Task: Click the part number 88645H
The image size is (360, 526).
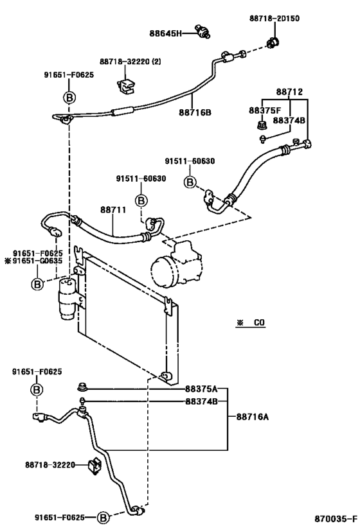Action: tap(166, 33)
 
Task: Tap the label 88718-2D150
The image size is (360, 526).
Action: tap(274, 18)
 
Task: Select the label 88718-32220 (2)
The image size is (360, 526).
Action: tap(130, 62)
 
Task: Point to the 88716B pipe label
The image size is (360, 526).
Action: tap(195, 112)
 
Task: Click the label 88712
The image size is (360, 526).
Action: tap(289, 92)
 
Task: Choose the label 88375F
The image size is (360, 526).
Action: tap(265, 110)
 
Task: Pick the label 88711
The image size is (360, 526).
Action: tap(113, 209)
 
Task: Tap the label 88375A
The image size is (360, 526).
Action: tap(201, 389)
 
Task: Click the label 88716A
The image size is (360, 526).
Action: tap(253, 417)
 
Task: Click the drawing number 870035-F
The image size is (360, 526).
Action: tap(336, 518)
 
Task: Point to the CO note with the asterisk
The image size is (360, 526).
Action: tap(251, 322)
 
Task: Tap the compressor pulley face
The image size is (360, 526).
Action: tap(161, 272)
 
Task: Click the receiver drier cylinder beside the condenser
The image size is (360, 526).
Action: tap(67, 298)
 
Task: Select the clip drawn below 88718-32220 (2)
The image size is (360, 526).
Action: tap(126, 87)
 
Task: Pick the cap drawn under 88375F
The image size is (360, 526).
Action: tap(261, 125)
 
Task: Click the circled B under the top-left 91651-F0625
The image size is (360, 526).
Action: tap(69, 98)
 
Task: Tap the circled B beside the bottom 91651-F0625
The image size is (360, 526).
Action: tap(104, 518)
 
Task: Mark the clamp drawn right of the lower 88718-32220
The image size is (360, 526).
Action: tap(94, 465)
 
